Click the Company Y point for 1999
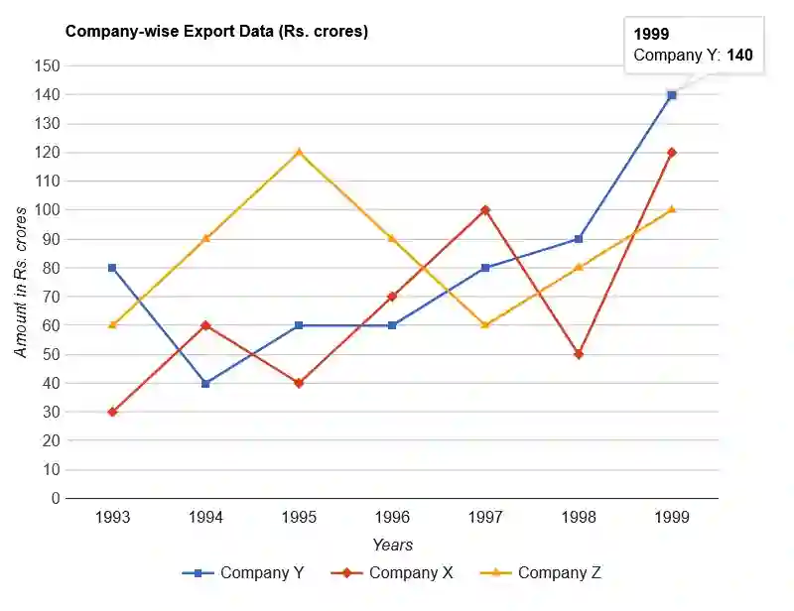[x=672, y=95]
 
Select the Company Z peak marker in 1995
[x=299, y=152]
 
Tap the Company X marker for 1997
[x=485, y=210]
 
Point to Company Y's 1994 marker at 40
[x=205, y=383]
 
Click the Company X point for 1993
[x=112, y=412]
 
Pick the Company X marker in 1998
[x=579, y=354]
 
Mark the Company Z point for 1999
[x=672, y=209]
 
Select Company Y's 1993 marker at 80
[x=112, y=268]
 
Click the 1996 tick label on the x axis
[x=392, y=518]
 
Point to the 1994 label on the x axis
[x=205, y=518]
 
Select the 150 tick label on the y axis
[x=48, y=66]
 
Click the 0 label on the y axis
[x=56, y=499]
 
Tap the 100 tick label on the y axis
[x=48, y=210]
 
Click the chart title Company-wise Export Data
[x=216, y=32]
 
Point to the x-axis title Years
[x=392, y=545]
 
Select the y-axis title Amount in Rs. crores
[x=21, y=282]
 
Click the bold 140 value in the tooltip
[x=739, y=56]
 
